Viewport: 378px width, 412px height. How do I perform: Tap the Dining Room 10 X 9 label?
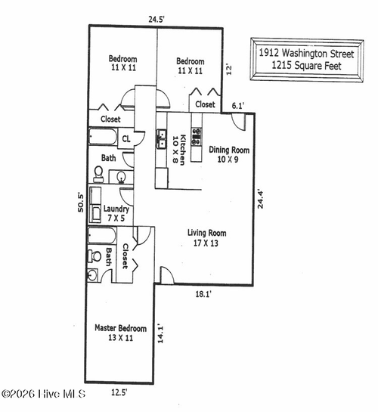tap(229, 155)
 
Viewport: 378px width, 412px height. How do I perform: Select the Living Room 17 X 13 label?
tap(207, 238)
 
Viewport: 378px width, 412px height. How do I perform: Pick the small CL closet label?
tap(127, 138)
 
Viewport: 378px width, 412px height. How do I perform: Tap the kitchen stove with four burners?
tap(197, 136)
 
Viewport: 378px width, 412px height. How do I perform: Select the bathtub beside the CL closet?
tap(103, 138)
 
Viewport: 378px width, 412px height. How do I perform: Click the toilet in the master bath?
tap(95, 256)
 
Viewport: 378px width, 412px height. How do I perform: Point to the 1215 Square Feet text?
tap(307, 66)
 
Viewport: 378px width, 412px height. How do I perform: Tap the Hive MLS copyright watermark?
tap(43, 394)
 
